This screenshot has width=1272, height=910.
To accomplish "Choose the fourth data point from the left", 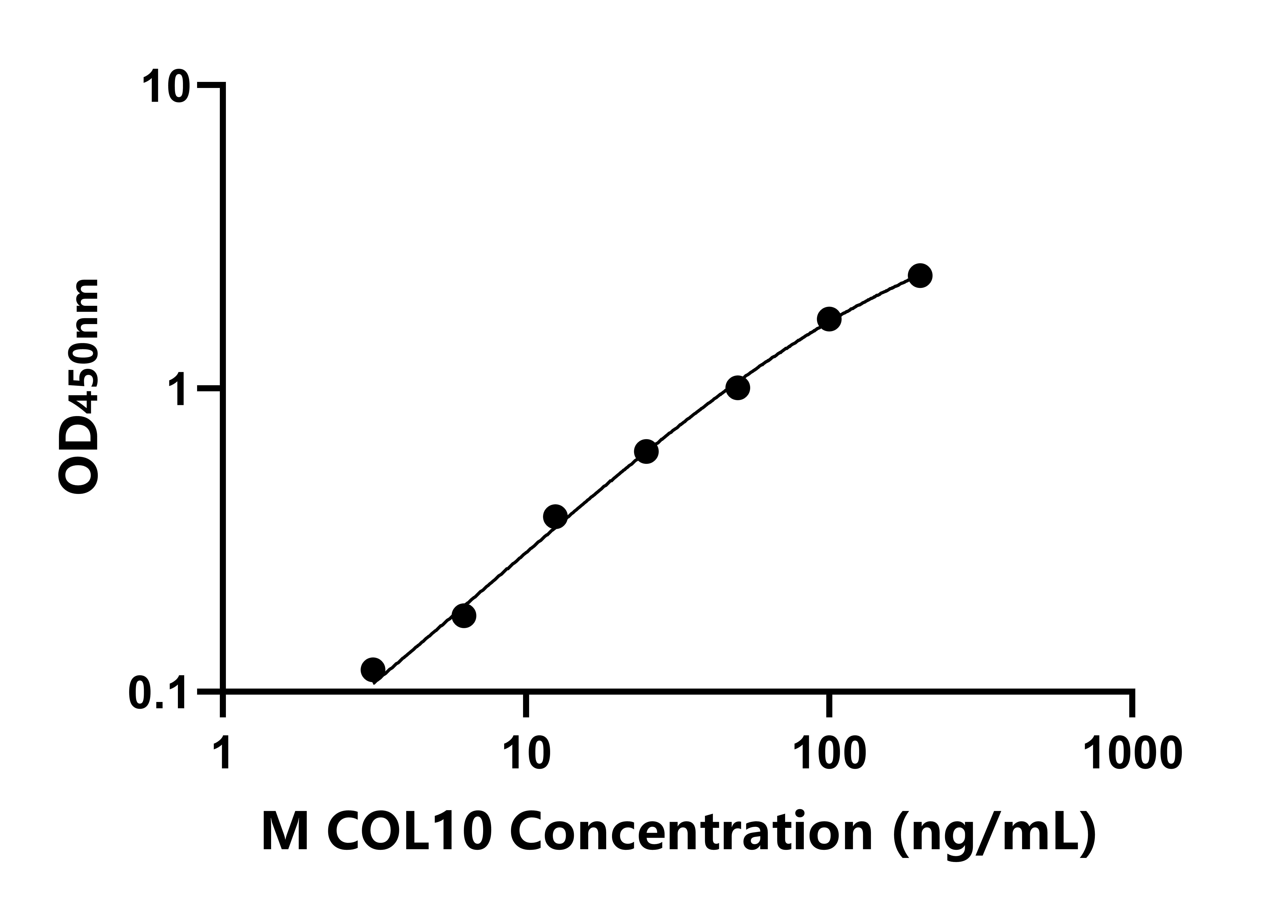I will [x=646, y=452].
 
